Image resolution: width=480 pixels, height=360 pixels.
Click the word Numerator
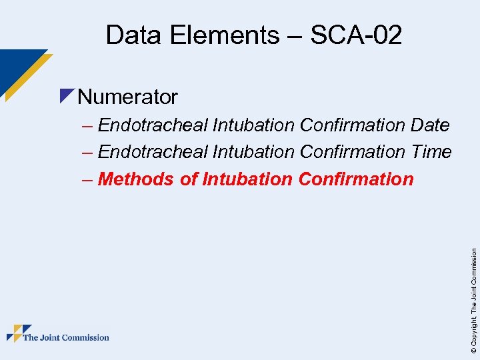tap(127, 97)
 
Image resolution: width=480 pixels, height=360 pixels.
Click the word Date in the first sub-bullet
tap(431, 125)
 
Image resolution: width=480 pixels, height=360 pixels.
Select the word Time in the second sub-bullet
tap(431, 152)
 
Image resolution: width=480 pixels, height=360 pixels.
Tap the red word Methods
tap(136, 179)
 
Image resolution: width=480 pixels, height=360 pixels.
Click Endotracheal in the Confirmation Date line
tap(153, 125)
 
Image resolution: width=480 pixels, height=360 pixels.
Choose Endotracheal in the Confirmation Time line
tap(153, 152)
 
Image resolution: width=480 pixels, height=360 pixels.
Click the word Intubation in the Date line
tap(253, 125)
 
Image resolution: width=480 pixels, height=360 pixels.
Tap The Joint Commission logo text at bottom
tap(66, 337)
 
